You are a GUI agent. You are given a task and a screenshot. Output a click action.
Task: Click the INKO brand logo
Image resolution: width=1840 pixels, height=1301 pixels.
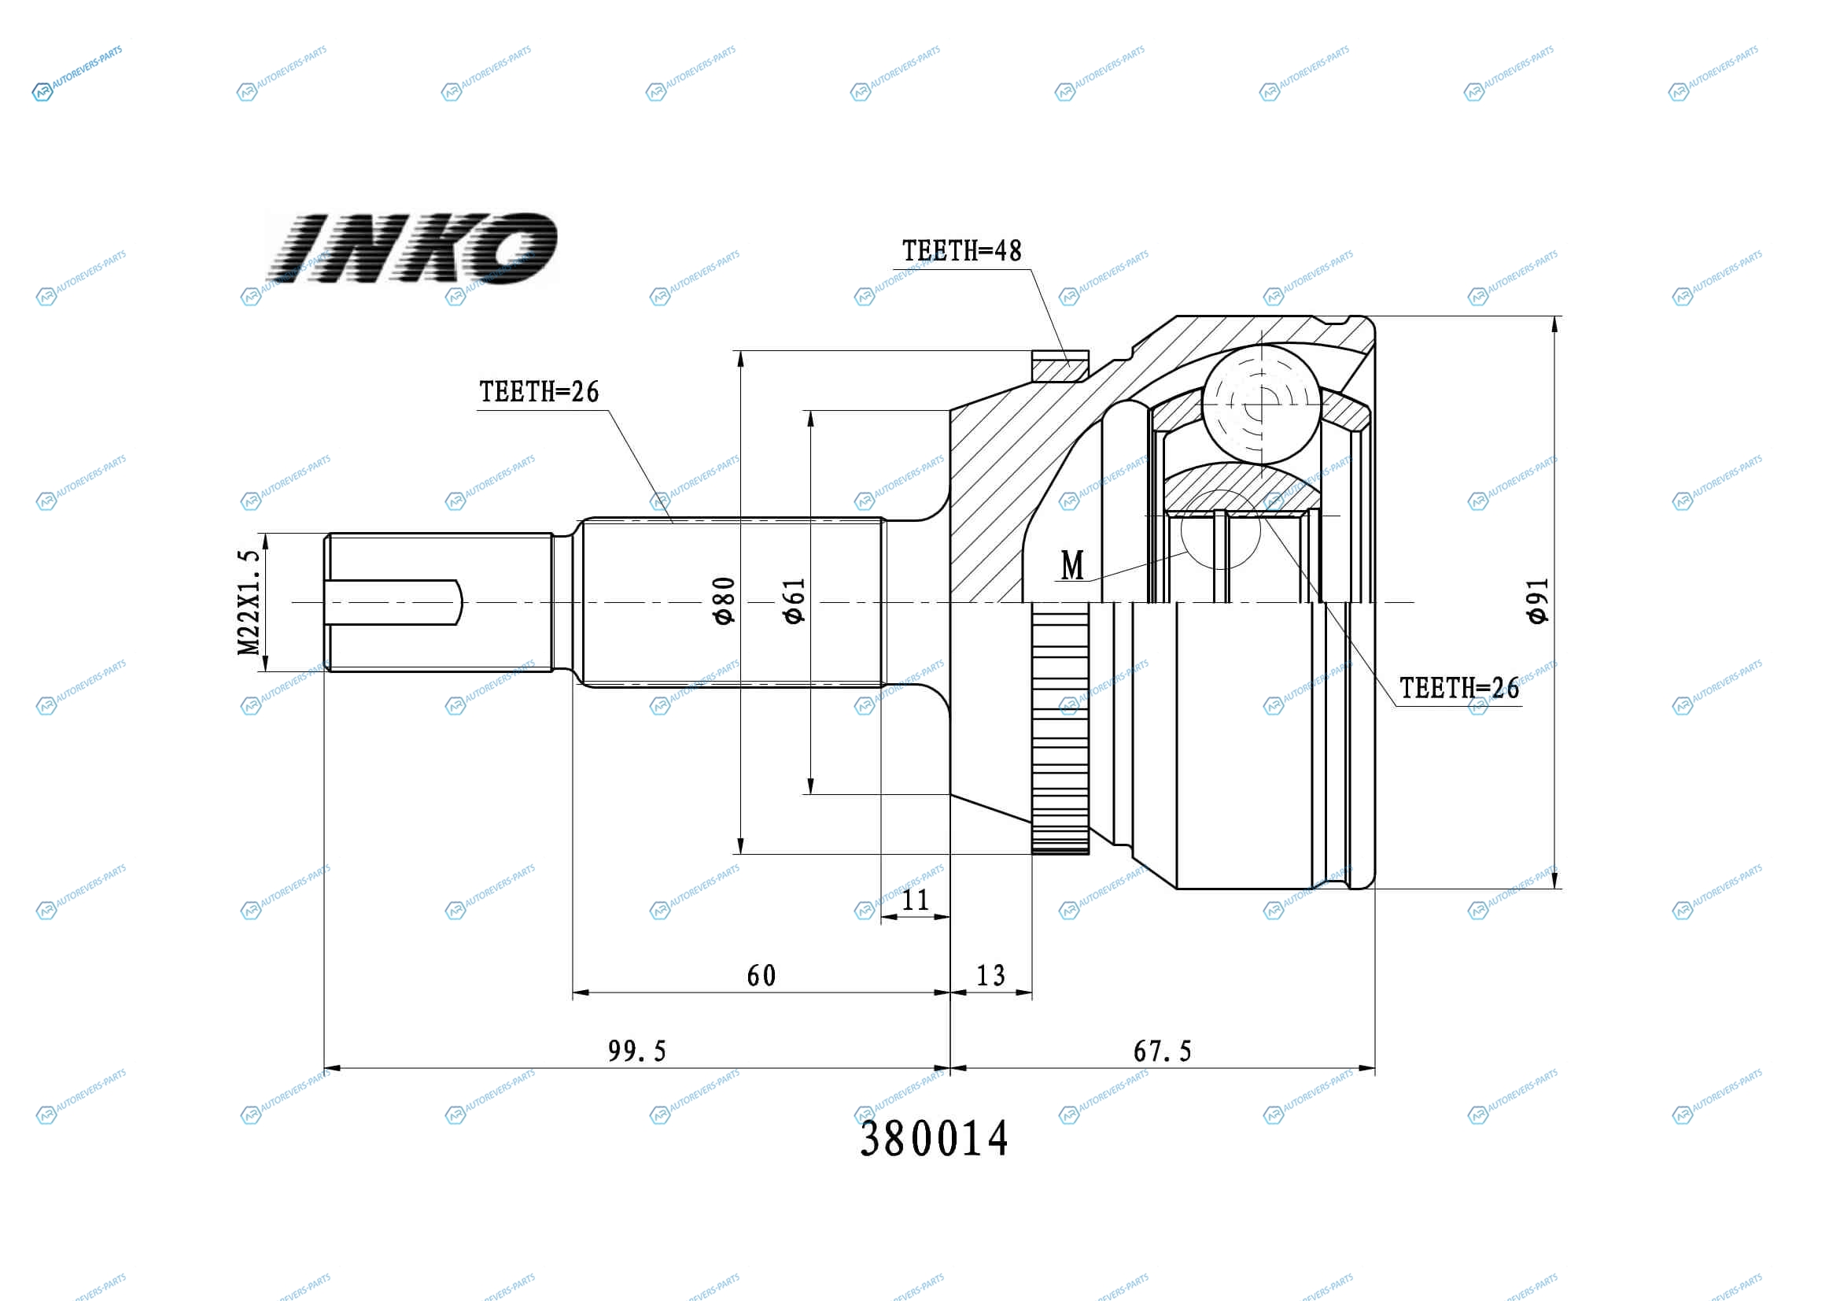pyautogui.click(x=411, y=248)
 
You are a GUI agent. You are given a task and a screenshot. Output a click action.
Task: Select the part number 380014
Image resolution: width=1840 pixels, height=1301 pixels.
pyautogui.click(x=934, y=1138)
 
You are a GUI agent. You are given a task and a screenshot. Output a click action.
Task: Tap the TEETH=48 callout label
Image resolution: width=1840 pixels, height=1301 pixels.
pyautogui.click(x=961, y=251)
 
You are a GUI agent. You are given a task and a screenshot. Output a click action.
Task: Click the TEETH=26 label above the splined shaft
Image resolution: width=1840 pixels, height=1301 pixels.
pyautogui.click(x=540, y=392)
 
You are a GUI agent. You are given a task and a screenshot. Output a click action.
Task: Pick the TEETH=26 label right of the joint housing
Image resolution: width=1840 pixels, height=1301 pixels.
pyautogui.click(x=1459, y=688)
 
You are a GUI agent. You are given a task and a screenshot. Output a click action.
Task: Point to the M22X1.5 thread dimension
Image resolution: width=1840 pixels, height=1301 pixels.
pyautogui.click(x=249, y=602)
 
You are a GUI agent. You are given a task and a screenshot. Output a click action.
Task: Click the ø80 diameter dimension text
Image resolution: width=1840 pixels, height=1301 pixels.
pyautogui.click(x=724, y=601)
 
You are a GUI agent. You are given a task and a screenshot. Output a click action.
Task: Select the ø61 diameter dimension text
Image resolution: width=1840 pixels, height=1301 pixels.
pyautogui.click(x=794, y=601)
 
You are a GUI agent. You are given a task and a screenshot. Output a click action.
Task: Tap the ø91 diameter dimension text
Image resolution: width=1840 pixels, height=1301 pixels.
pyautogui.click(x=1538, y=601)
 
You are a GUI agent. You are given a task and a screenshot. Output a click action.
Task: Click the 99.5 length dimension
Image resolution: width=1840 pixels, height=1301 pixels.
pyautogui.click(x=637, y=1051)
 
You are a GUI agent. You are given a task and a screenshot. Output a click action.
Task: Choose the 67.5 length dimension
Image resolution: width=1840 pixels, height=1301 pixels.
pyautogui.click(x=1162, y=1051)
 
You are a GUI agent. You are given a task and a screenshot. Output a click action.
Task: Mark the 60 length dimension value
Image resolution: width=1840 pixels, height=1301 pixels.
pyautogui.click(x=761, y=975)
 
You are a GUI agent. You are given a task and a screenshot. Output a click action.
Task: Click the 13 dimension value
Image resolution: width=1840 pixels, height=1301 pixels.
pyautogui.click(x=990, y=975)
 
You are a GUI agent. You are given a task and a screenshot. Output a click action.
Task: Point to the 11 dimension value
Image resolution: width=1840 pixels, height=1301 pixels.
pyautogui.click(x=915, y=900)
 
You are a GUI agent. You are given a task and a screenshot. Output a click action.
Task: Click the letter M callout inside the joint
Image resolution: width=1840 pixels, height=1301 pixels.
pyautogui.click(x=1072, y=566)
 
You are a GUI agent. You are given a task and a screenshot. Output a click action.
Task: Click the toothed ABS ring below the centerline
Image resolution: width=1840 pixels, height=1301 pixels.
pyautogui.click(x=1060, y=727)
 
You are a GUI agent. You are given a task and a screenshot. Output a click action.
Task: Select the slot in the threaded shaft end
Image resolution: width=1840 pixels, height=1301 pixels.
pyautogui.click(x=393, y=602)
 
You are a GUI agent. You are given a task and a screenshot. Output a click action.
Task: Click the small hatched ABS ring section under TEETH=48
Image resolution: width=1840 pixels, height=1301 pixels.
pyautogui.click(x=1060, y=366)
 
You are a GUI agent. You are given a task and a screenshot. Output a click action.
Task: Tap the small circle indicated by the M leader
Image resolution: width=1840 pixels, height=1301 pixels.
pyautogui.click(x=1221, y=530)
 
